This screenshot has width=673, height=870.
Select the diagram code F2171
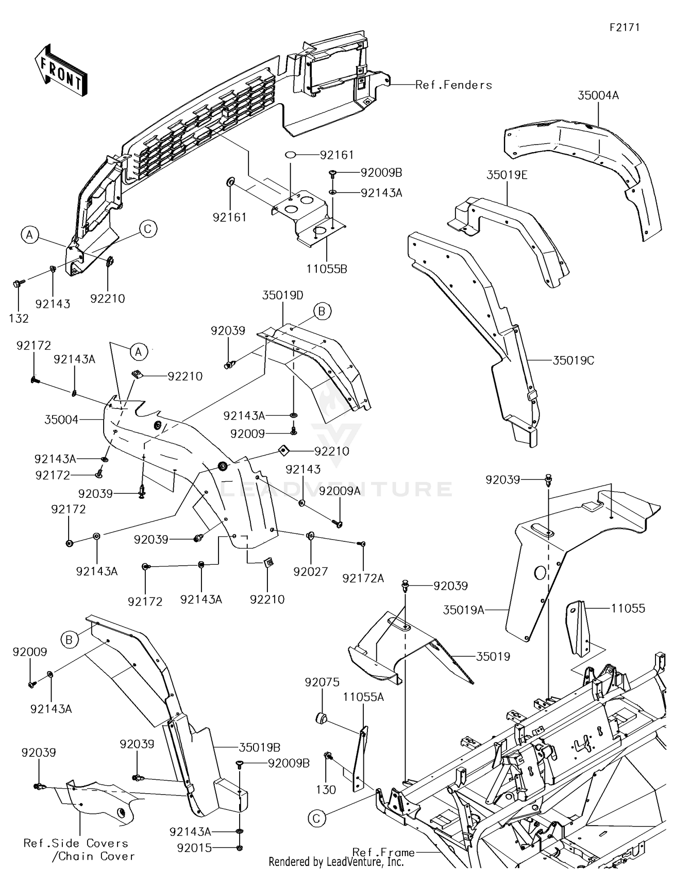(624, 27)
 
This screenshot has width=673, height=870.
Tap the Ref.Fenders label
(453, 85)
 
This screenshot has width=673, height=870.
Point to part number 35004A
(598, 95)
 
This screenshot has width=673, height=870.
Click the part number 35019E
(507, 175)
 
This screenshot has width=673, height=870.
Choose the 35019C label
(573, 360)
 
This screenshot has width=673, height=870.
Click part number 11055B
(327, 269)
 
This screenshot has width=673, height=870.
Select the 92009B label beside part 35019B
(288, 763)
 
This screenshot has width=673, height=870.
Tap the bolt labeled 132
(17, 284)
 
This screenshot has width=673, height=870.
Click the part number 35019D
(283, 295)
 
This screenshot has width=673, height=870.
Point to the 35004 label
(61, 420)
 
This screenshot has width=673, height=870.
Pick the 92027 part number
(310, 571)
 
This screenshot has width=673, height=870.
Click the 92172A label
(363, 579)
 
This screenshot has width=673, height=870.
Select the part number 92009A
(340, 491)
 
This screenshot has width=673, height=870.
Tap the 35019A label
(463, 610)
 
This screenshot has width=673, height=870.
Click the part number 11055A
(363, 697)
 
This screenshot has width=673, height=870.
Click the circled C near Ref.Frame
(316, 819)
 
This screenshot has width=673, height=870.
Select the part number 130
(326, 790)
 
